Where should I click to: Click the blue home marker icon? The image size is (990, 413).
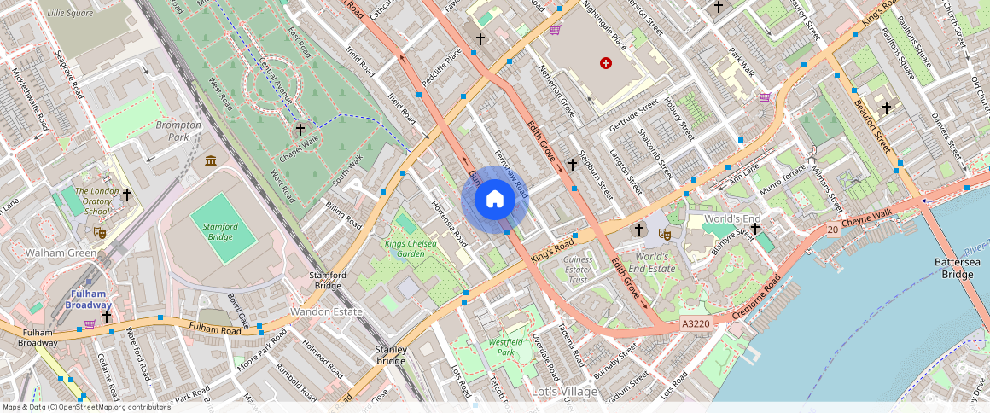(x=495, y=200)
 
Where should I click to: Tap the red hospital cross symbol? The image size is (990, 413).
(x=606, y=63)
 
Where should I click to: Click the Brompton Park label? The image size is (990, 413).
(x=178, y=131)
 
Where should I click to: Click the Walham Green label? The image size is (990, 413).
(x=59, y=253)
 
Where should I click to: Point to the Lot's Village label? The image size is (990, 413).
(x=564, y=392)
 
